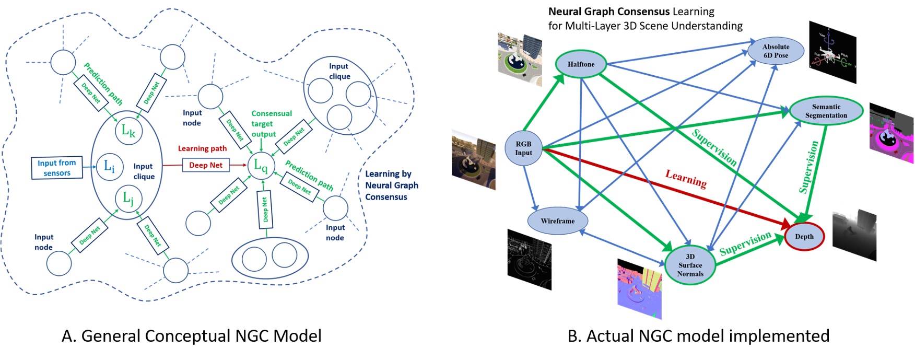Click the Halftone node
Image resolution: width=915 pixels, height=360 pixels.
tap(581, 64)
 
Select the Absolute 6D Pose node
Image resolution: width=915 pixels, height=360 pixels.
tap(776, 51)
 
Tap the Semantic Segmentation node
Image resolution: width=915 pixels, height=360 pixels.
tap(826, 111)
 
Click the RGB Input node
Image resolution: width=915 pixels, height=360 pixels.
tap(523, 148)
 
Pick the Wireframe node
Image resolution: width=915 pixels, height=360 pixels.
tap(557, 221)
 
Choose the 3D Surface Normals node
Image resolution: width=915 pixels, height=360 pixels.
tap(690, 265)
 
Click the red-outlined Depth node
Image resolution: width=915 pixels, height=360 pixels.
tap(804, 237)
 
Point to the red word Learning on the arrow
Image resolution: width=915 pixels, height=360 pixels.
tap(686, 179)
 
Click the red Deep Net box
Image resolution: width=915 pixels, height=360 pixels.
tap(205, 165)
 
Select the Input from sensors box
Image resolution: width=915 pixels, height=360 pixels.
tap(57, 168)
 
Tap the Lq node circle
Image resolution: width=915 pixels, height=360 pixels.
tap(261, 166)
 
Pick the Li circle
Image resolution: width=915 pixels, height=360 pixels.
tap(109, 167)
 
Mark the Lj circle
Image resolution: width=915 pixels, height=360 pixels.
tap(128, 198)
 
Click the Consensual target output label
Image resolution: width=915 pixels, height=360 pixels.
tap(271, 124)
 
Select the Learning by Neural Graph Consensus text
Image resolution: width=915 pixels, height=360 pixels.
tap(391, 185)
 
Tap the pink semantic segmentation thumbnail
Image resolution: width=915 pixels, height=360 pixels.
tap(891, 134)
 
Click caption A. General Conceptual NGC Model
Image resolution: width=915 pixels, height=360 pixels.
tap(191, 335)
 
